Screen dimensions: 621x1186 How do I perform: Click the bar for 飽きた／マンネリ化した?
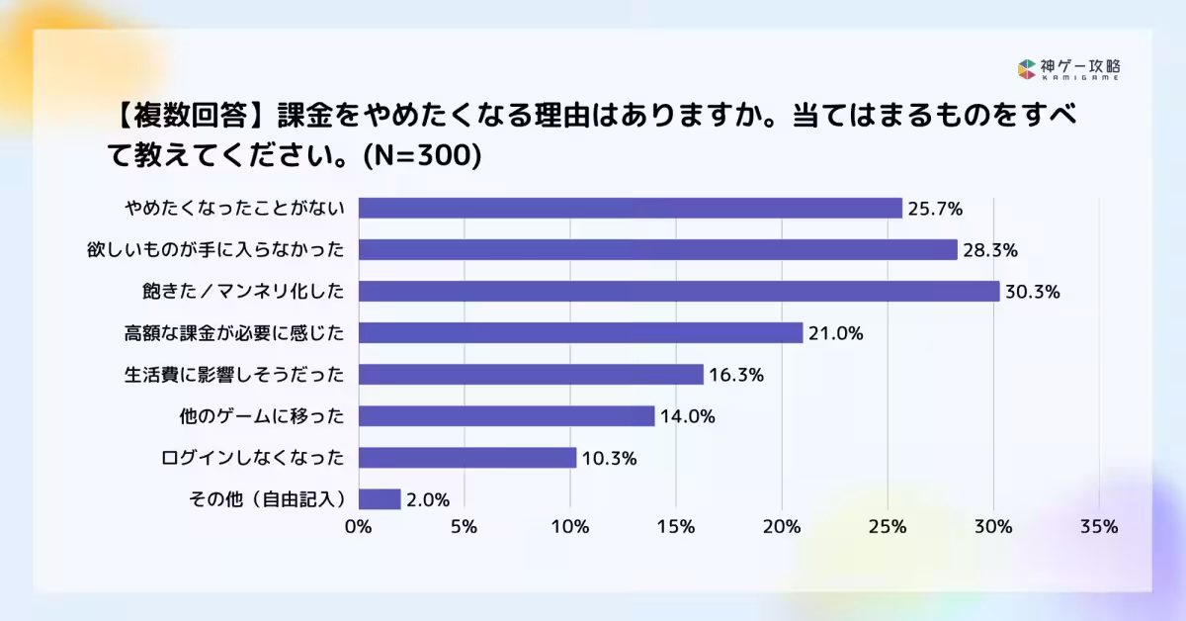point(678,291)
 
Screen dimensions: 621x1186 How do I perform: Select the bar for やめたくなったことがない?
point(630,208)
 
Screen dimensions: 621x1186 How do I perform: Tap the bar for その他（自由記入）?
point(380,499)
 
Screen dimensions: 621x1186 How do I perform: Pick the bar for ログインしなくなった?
point(466,458)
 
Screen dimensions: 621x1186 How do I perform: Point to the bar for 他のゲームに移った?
point(506,416)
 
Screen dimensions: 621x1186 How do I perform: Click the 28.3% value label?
point(991,250)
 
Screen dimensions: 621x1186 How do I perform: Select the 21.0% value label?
point(836,333)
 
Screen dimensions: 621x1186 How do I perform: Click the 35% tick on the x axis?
point(1099,527)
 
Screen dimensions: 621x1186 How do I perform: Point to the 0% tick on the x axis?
point(358,527)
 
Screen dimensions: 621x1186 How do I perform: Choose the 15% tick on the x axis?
point(676,527)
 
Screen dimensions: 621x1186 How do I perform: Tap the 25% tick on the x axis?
point(888,527)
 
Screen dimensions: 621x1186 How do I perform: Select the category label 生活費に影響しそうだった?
point(235,375)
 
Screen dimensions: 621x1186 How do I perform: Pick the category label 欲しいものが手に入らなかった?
point(215,250)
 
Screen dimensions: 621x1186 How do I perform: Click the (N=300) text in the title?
point(421,156)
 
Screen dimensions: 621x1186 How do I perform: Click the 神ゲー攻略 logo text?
point(1080,67)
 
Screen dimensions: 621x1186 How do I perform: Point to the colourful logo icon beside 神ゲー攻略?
point(1026,69)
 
